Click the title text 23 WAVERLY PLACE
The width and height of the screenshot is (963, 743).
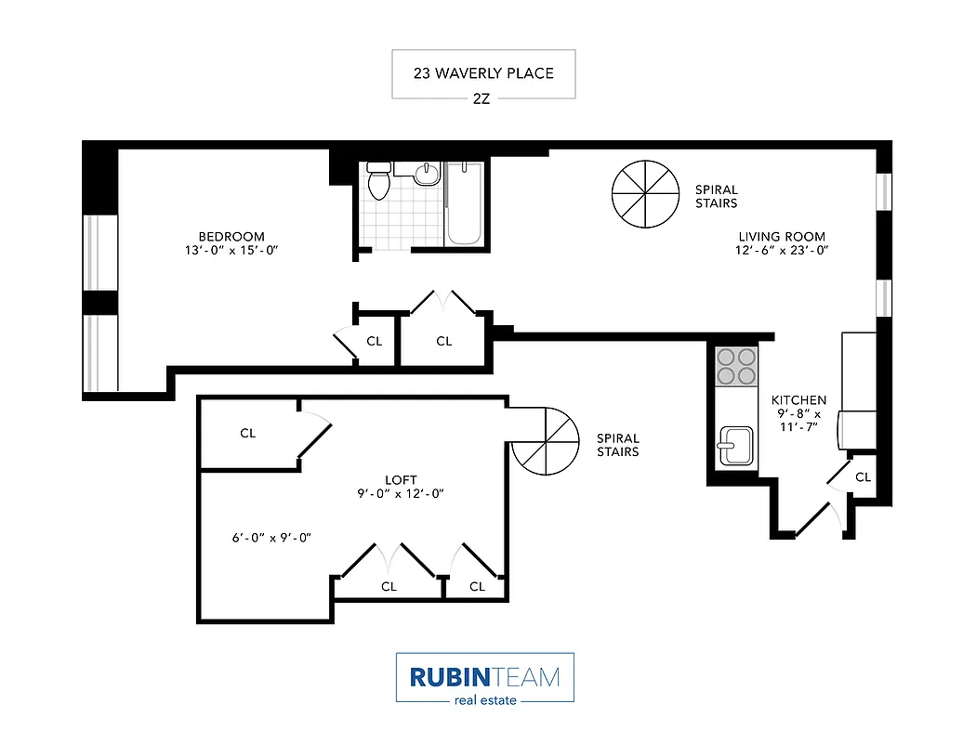[483, 72]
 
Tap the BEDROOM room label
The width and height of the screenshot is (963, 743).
[231, 237]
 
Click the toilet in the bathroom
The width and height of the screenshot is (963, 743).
[378, 181]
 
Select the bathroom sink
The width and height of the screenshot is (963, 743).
[427, 174]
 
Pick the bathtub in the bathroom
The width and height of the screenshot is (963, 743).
[464, 204]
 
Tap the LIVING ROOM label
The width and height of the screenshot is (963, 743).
[782, 237]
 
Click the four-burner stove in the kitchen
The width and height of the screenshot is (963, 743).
[736, 366]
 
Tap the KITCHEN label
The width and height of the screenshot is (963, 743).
[799, 400]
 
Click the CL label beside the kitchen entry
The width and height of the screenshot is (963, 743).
[863, 477]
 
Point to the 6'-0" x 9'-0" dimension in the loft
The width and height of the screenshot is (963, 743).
[270, 537]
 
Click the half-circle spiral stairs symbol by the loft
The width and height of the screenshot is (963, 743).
[546, 443]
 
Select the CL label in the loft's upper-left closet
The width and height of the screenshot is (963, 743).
[247, 433]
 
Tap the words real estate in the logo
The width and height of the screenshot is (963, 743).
[484, 700]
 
